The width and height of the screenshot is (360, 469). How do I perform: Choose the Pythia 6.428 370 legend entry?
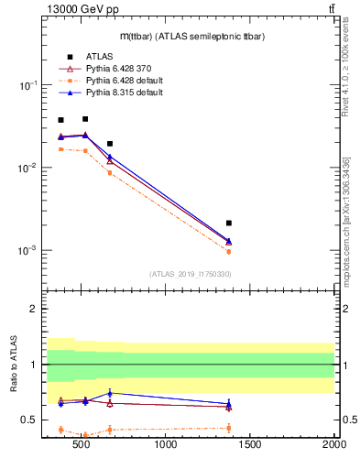(117, 69)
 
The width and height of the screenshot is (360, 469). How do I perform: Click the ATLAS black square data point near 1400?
(229, 223)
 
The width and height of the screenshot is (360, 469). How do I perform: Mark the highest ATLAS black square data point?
(85, 118)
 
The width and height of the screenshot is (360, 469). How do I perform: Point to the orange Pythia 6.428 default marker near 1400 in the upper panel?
(229, 252)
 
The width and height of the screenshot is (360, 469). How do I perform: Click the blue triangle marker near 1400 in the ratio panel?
(229, 403)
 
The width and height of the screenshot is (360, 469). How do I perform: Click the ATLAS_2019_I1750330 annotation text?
(190, 274)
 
